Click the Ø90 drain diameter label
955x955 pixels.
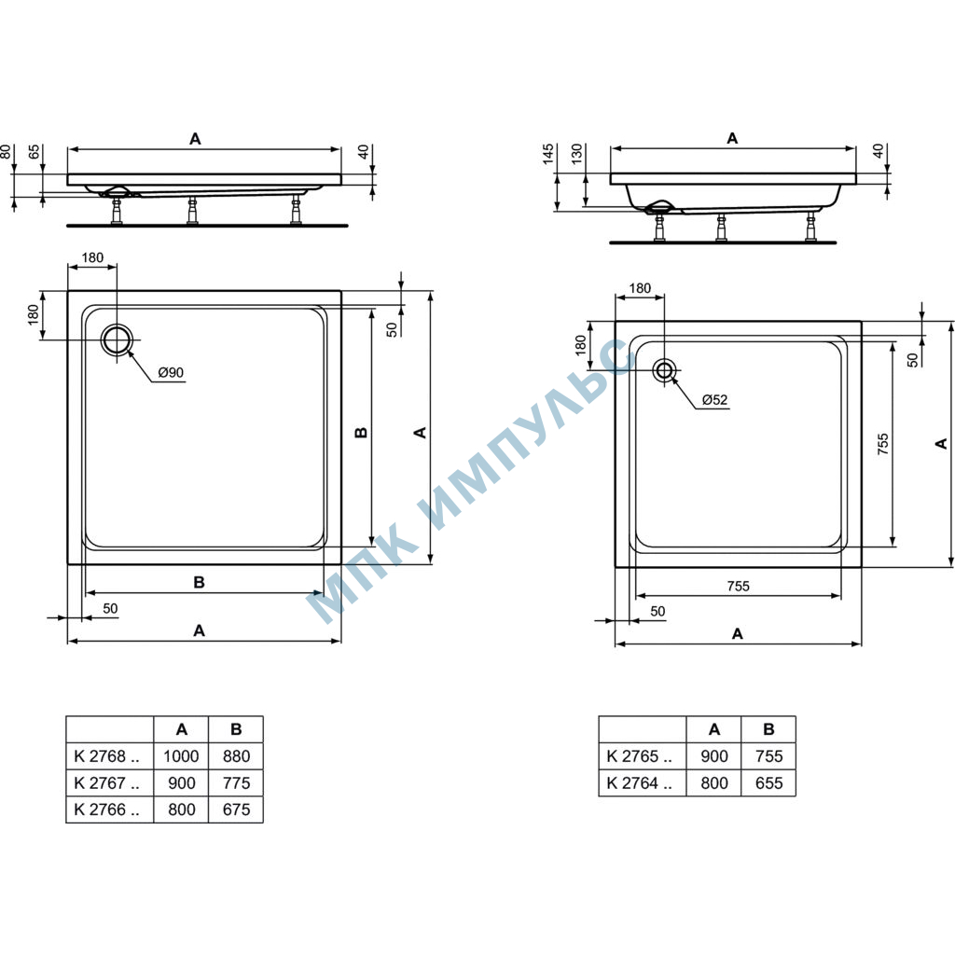(171, 372)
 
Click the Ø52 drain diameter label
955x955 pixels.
(714, 399)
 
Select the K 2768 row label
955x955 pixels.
(106, 755)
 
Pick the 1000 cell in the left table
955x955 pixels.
(181, 755)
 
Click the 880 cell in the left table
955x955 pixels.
(236, 755)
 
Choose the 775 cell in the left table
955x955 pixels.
(236, 782)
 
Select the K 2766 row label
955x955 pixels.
(106, 810)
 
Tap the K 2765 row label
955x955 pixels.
(640, 755)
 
